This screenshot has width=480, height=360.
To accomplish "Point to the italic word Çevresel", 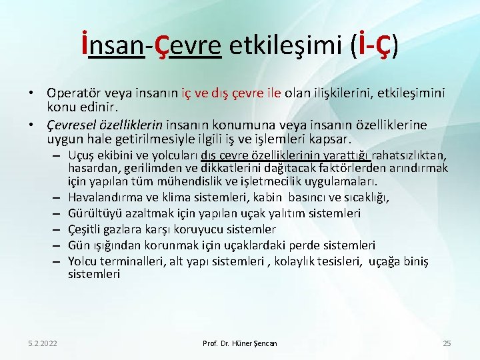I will pyautogui.click(x=70, y=125).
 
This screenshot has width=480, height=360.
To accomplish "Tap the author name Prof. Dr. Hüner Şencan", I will pyautogui.click(x=240, y=343).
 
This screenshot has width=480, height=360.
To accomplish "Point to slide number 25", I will pyautogui.click(x=447, y=343).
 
